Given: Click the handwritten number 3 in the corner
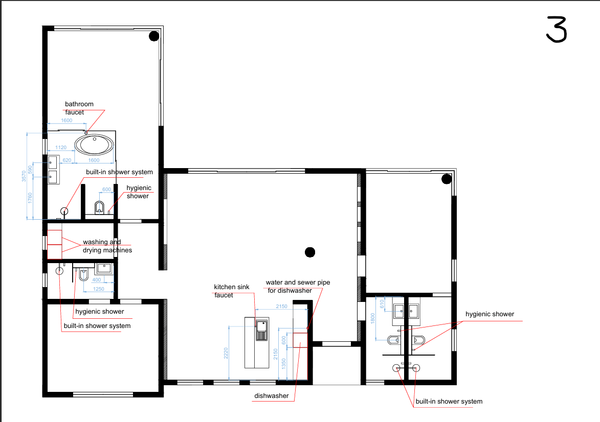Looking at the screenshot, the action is (557, 30).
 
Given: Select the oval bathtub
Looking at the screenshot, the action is (94, 145).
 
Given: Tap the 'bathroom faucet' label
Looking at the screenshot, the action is (79, 108).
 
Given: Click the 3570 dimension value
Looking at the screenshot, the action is (24, 176).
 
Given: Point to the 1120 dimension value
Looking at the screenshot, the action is (61, 148).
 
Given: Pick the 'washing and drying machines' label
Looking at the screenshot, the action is (107, 246).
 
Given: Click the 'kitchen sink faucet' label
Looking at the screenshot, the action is (232, 291).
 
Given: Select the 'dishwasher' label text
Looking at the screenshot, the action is (271, 396).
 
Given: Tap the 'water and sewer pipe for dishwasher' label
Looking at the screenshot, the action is (298, 286).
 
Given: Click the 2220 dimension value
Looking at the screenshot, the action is (226, 353).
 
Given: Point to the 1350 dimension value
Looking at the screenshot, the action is (283, 364).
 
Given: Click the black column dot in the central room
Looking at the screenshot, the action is (310, 252).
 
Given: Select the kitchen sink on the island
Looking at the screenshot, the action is (262, 330).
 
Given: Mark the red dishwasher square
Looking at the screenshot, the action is (300, 340).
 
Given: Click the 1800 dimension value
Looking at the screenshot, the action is (373, 318).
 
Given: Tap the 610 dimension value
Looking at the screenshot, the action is (382, 304).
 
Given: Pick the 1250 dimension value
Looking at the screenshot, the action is (99, 289).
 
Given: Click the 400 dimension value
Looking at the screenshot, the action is (97, 280).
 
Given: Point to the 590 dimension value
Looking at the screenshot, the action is (30, 170).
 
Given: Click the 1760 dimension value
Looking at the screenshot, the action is (30, 198).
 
